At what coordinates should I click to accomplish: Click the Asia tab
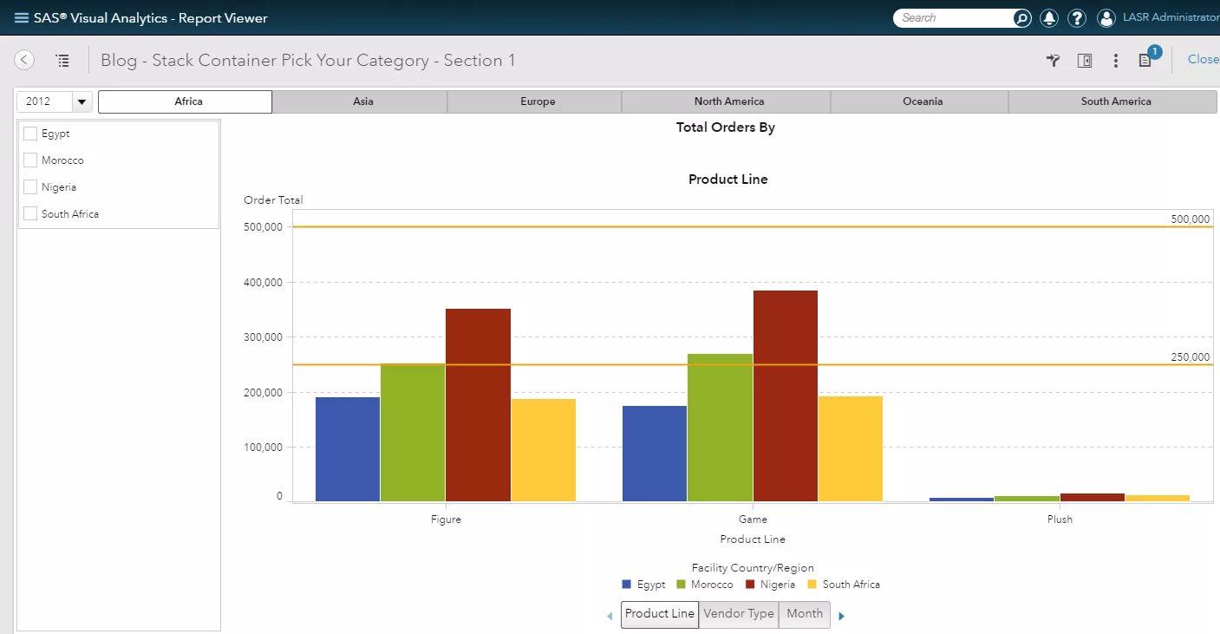pyautogui.click(x=363, y=101)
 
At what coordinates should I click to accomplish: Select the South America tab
pyautogui.click(x=1115, y=101)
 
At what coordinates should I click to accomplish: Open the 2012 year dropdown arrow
pyautogui.click(x=82, y=101)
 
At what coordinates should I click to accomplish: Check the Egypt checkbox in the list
pyautogui.click(x=31, y=134)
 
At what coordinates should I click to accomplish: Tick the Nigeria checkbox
pyautogui.click(x=31, y=187)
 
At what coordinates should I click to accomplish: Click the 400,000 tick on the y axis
pyautogui.click(x=264, y=282)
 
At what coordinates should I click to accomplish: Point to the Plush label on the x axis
pyautogui.click(x=1060, y=520)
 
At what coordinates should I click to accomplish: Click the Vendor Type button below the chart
pyautogui.click(x=739, y=614)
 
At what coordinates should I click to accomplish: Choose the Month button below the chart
pyautogui.click(x=805, y=614)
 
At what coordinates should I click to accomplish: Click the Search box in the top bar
pyautogui.click(x=954, y=17)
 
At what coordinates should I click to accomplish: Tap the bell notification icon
pyautogui.click(x=1049, y=17)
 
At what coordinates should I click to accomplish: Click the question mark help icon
pyautogui.click(x=1077, y=17)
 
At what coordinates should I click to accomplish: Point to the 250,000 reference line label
pyautogui.click(x=1190, y=357)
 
